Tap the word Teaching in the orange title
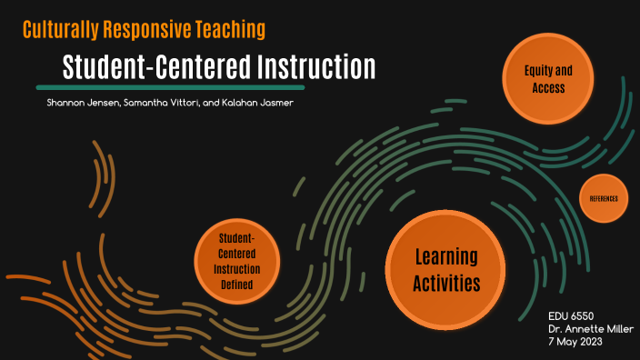pos(231,30)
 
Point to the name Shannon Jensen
pos(83,104)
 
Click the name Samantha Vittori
pos(173,104)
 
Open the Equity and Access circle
pos(550,80)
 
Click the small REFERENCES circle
pos(604,197)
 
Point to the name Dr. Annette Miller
pos(591,328)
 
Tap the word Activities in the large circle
pos(445,284)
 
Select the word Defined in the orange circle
pos(236,286)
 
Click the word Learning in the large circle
pos(445,257)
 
